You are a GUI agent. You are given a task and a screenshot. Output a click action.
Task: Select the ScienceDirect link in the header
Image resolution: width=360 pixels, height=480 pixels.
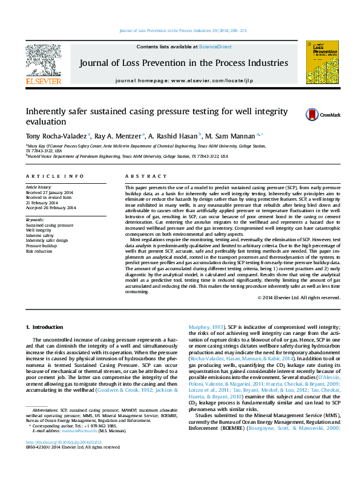coord(216,47)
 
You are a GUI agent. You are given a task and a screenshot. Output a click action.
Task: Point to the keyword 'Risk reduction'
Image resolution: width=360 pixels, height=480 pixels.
coord(39,251)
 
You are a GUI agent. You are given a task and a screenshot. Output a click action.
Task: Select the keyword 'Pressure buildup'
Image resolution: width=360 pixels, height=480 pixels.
coord(41,246)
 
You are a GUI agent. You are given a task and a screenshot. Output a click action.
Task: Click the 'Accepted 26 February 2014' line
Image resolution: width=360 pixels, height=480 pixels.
coord(51,207)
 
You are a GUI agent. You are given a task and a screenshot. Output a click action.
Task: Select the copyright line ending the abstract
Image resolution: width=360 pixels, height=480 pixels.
coord(299,297)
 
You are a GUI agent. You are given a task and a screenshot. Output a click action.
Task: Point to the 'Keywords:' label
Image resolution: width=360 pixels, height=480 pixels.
coord(35,219)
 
